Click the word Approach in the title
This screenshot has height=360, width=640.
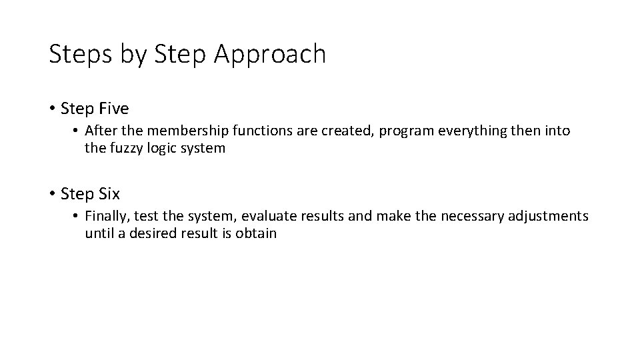[x=270, y=55]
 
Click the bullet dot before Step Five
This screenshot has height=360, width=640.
[x=52, y=108]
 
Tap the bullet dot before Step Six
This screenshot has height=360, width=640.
[x=52, y=194]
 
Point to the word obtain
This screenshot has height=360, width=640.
[x=256, y=234]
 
